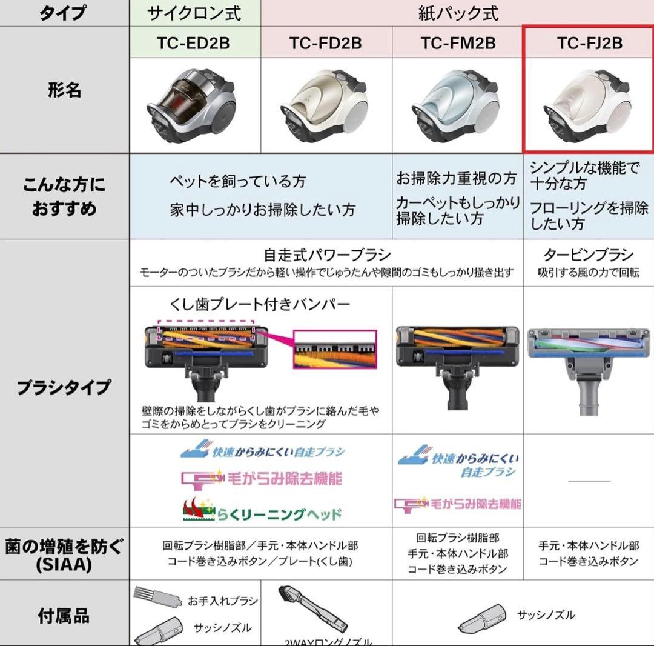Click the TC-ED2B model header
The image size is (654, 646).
[x=195, y=43]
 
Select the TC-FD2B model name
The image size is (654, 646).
[x=326, y=43]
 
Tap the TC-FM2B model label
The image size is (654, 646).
[x=458, y=43]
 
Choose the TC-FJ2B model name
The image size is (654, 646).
[x=589, y=43]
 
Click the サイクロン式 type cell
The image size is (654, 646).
[x=195, y=13]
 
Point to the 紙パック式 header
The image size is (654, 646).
[x=458, y=13]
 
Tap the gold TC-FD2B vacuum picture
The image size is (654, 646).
[x=325, y=104]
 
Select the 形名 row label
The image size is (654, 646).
[x=64, y=91]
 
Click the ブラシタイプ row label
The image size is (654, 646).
[x=64, y=386]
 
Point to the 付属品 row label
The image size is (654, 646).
[x=64, y=616]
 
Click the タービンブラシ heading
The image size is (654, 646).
[x=589, y=255]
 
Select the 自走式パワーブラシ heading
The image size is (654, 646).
[x=327, y=255]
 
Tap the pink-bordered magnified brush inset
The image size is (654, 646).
[x=334, y=350]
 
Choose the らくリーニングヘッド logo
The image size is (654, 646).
[x=262, y=512]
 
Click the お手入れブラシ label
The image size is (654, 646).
[x=222, y=601]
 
